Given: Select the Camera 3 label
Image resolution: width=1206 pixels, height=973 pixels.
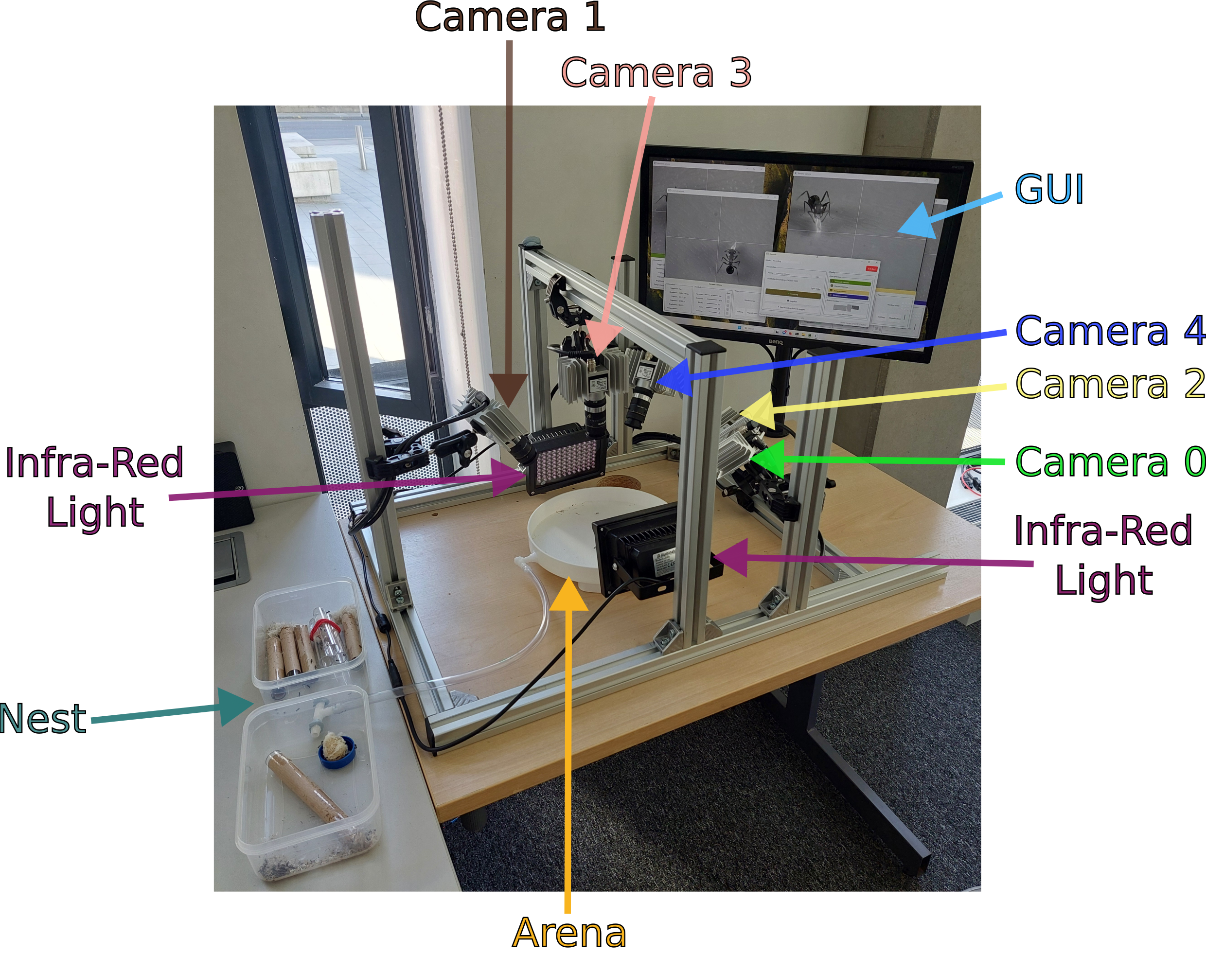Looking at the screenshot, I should pos(656,73).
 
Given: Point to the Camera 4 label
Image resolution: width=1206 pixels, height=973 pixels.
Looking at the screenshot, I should pos(1110,331).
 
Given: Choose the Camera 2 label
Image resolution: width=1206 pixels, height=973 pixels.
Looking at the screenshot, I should pos(1110,385).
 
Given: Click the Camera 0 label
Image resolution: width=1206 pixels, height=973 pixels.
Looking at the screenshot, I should pos(1110,462).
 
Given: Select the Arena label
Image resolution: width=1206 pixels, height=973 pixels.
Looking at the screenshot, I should pos(569,933).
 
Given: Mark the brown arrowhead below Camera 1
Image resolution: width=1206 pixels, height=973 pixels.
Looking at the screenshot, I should pos(508,389).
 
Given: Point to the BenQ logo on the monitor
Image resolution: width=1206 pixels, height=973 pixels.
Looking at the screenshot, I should pos(776,341).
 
